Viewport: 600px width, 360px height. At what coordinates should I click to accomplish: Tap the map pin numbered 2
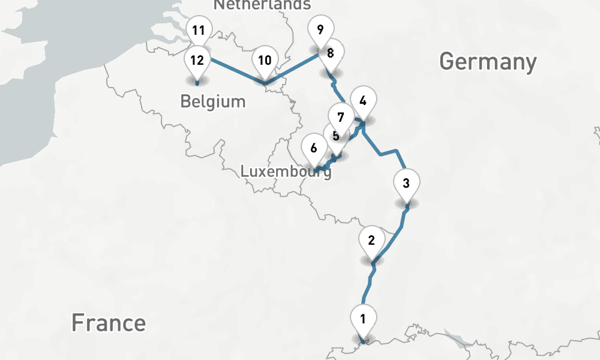[x=371, y=241]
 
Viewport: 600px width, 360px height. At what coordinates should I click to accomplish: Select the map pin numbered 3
[x=406, y=184]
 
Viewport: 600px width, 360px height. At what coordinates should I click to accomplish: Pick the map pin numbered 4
[x=362, y=101]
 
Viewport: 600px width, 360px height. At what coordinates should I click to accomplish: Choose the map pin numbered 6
[x=313, y=147]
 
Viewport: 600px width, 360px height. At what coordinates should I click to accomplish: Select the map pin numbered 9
[x=320, y=29]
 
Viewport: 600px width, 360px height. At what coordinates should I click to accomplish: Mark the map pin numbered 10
[x=265, y=60]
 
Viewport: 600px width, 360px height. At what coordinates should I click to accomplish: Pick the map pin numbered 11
[x=199, y=30]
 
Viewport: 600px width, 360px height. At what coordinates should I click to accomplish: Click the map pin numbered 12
[x=197, y=60]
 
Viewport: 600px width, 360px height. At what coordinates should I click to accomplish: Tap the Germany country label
[x=488, y=61]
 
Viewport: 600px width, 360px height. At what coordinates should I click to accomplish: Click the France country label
[x=109, y=322]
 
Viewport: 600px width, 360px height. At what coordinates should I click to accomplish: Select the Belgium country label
[x=213, y=101]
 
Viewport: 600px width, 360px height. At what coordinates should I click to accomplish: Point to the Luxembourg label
[x=286, y=172]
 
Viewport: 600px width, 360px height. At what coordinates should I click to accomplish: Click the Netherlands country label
[x=262, y=5]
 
